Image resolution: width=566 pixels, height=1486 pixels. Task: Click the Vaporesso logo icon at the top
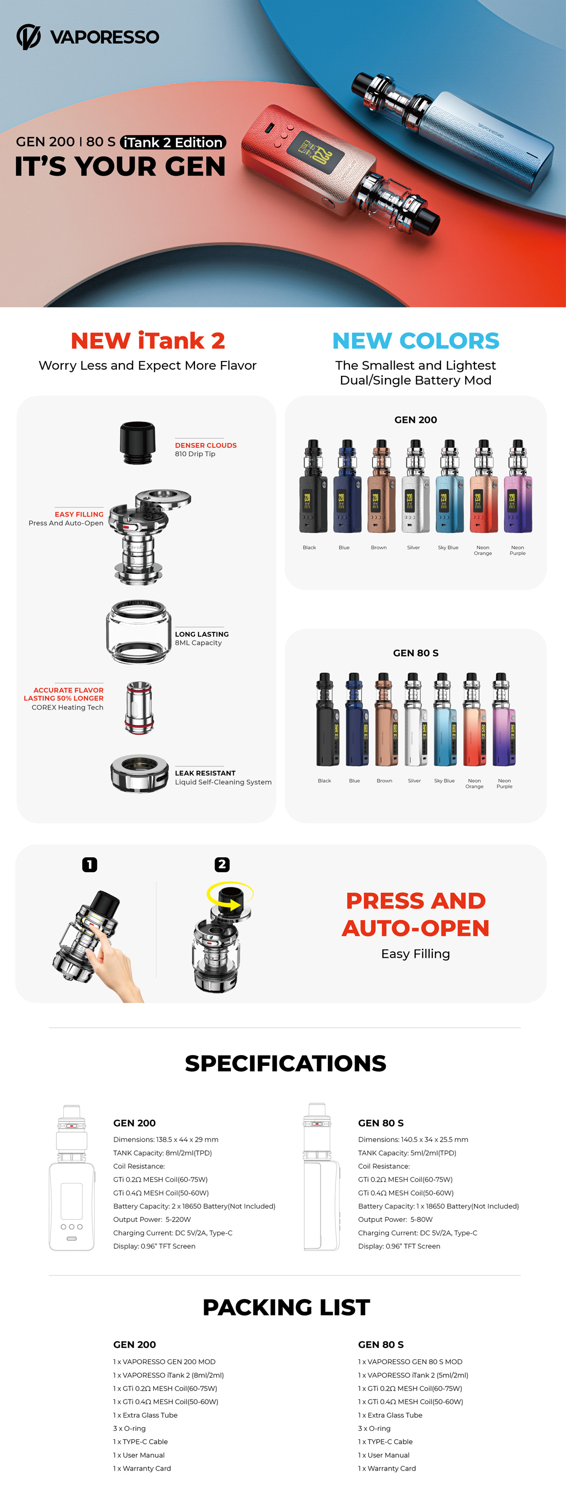coord(28,37)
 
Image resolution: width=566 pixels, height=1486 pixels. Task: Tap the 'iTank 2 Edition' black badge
coord(173,143)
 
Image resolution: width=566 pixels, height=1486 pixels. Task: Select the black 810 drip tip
coord(137,442)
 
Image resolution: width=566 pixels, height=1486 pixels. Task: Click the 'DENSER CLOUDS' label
coord(206,445)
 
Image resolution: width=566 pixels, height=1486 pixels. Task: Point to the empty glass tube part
coord(138,632)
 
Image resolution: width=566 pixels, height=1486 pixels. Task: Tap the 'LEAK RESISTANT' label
coord(205,773)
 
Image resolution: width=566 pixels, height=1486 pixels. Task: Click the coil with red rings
coord(139,707)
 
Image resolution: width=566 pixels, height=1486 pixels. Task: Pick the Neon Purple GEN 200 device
coord(518,486)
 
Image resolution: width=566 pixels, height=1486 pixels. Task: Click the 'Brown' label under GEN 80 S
coord(384,781)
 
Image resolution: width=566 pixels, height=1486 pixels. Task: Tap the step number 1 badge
coord(90,864)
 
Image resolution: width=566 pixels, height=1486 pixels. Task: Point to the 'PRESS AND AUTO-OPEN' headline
coord(416,914)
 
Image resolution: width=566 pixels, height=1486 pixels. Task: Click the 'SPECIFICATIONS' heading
coord(285,1063)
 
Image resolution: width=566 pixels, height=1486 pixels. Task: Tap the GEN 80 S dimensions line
coord(413,1139)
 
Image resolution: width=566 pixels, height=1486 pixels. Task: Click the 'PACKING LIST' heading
coord(286,1307)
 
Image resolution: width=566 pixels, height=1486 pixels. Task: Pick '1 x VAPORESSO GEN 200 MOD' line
coord(164,1361)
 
